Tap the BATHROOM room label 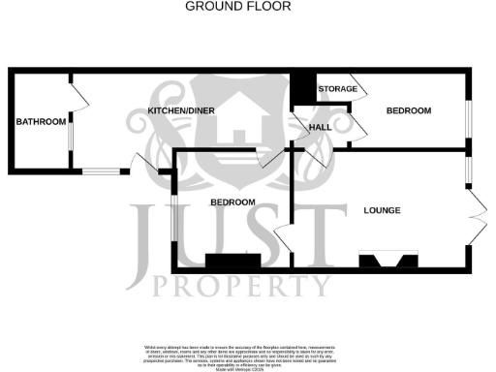click(40, 122)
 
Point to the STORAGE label click(337, 89)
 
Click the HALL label click(321, 127)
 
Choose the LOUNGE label click(382, 210)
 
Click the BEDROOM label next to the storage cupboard click(408, 111)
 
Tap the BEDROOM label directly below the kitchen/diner click(232, 201)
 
